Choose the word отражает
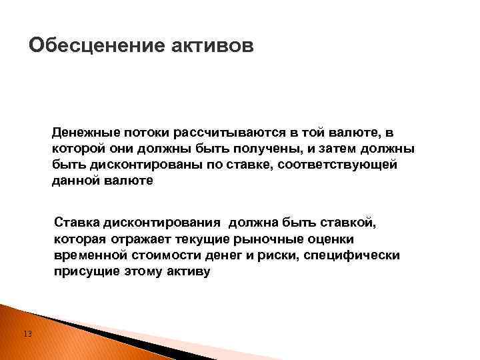(x=135, y=239)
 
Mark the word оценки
(x=329, y=239)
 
